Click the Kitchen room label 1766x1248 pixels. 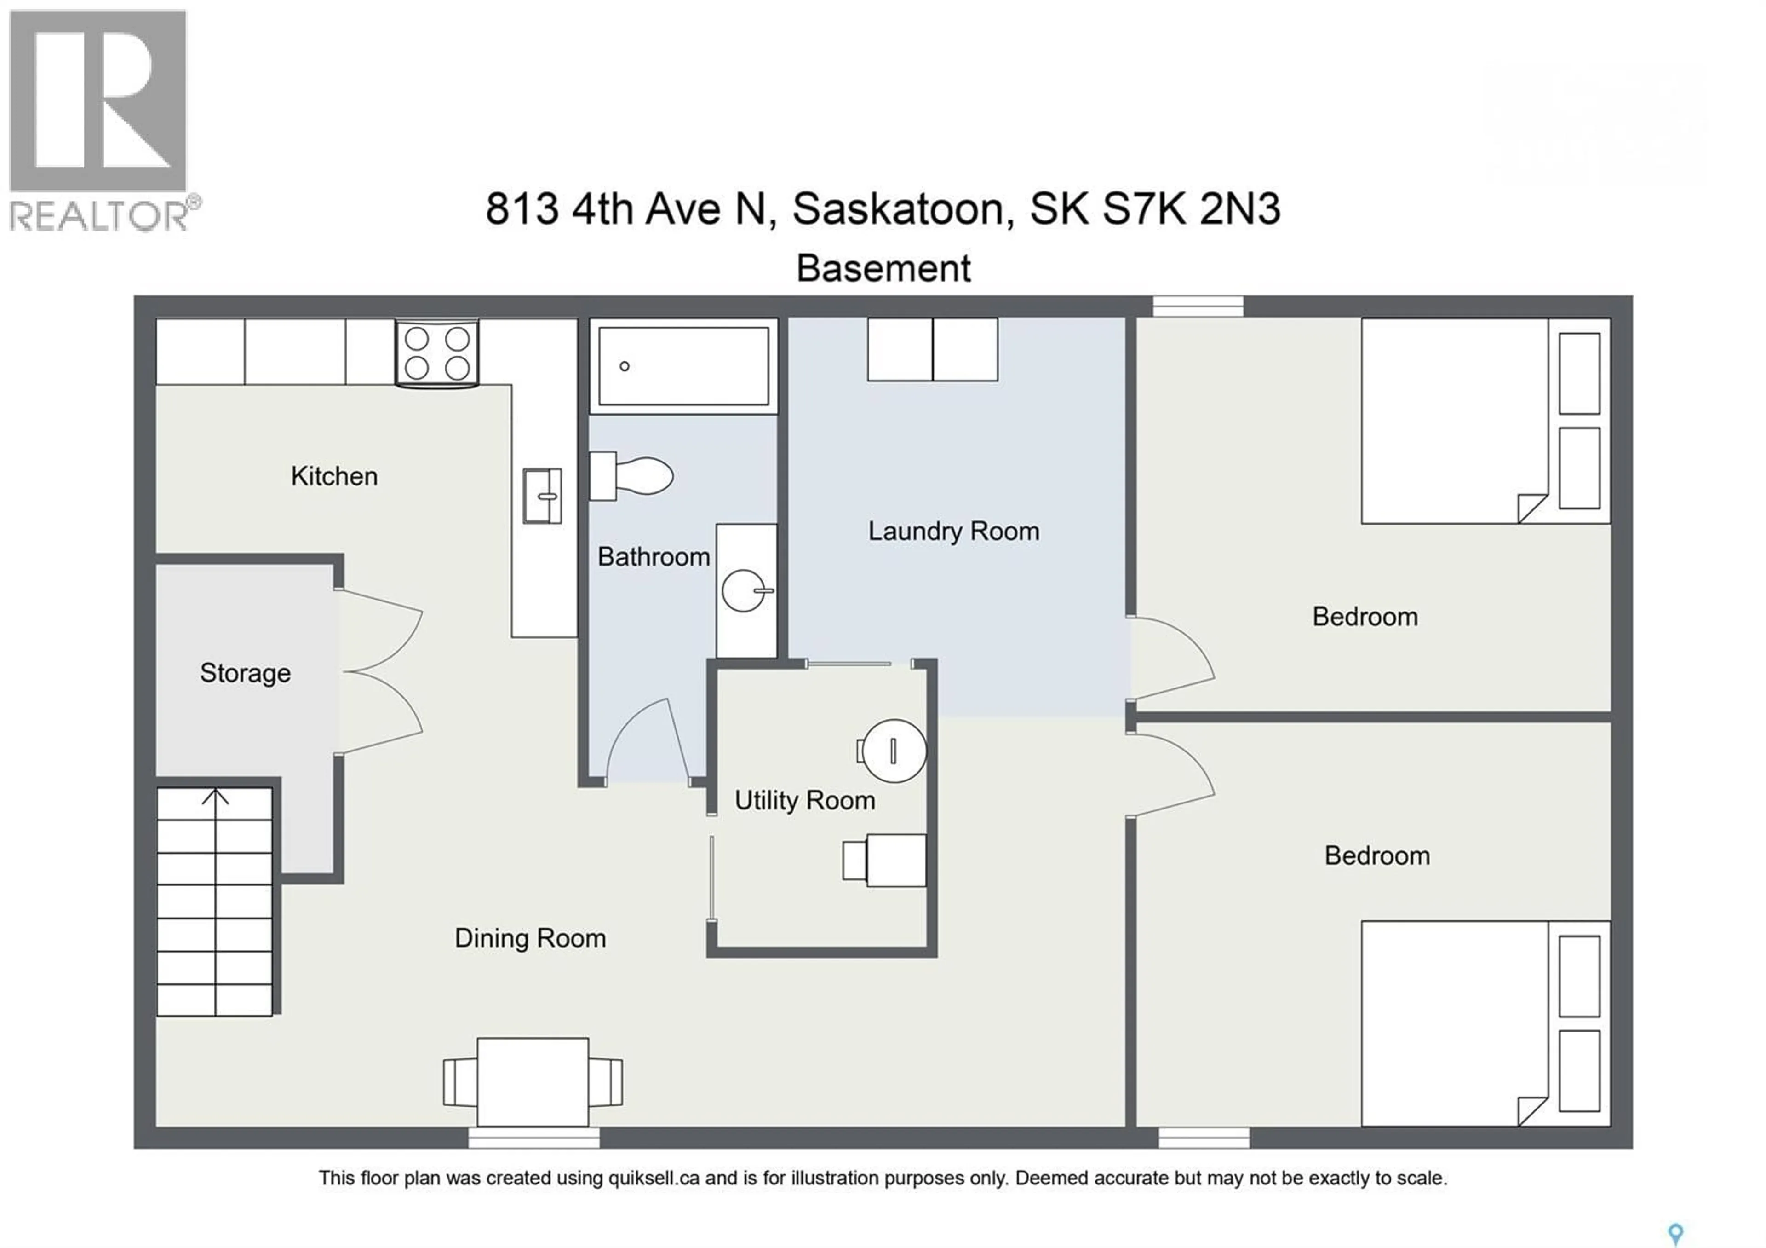[334, 476]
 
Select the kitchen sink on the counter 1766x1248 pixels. [542, 496]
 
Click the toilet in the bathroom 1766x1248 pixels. [632, 476]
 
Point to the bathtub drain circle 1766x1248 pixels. [625, 366]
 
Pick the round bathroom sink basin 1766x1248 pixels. [744, 590]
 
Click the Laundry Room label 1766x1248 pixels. [953, 531]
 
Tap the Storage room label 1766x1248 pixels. [246, 673]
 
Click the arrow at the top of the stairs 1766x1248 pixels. [215, 797]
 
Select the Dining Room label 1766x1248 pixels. [530, 938]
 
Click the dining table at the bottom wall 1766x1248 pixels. [533, 1081]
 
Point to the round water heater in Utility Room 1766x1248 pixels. [894, 750]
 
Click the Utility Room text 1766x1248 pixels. [804, 800]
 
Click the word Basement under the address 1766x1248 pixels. [883, 269]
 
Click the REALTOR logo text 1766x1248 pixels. [98, 215]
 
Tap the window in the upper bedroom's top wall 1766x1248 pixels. [1198, 306]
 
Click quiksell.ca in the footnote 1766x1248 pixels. [654, 1178]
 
